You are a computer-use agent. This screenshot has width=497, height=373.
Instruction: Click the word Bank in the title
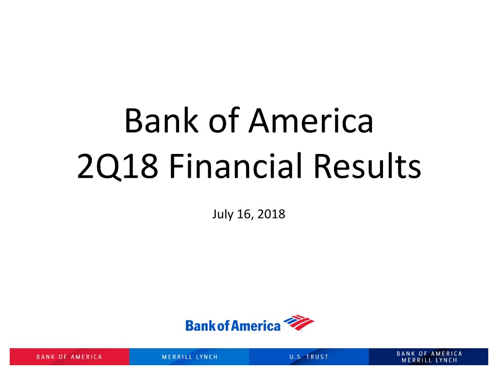[162, 120]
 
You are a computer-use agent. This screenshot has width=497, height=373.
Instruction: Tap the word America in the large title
[311, 120]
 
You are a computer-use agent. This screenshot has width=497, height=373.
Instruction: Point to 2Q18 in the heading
[117, 166]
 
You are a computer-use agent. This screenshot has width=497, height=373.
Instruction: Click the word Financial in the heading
[236, 165]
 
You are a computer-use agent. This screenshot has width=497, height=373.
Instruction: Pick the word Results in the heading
[367, 165]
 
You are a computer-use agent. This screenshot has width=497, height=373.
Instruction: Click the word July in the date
[222, 215]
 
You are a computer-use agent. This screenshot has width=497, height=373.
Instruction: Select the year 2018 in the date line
[271, 214]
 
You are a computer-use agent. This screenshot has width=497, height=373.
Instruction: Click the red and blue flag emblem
[298, 322]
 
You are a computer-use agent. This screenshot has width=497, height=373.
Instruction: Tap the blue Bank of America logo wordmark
[233, 326]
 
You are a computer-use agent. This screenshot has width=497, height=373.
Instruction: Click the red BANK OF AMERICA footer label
[69, 357]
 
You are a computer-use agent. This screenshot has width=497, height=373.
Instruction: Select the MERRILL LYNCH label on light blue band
[190, 357]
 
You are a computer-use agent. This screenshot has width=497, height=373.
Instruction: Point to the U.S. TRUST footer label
[309, 357]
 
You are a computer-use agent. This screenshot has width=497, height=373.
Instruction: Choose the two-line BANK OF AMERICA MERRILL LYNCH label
[429, 357]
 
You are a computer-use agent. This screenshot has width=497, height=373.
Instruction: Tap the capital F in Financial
[177, 166]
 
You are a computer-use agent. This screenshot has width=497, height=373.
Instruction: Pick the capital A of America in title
[260, 120]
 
